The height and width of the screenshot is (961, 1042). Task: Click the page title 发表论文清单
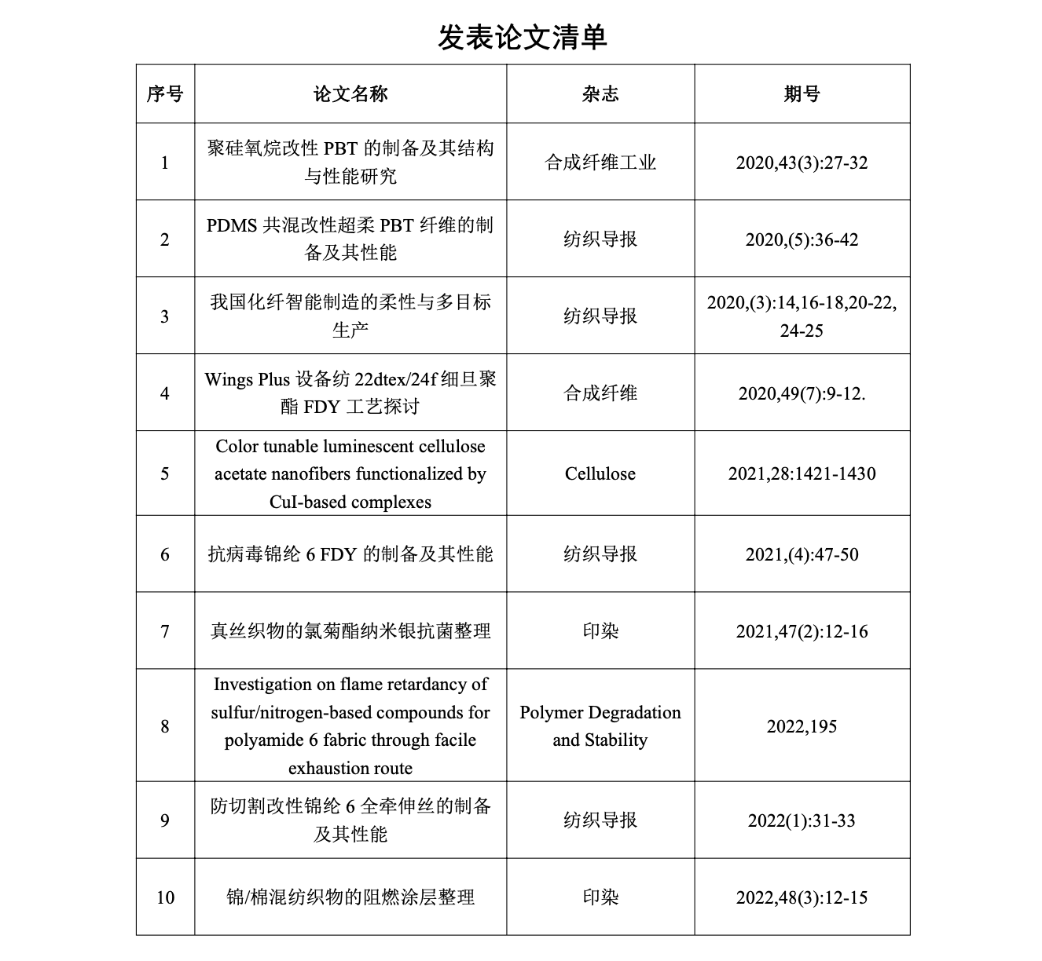(522, 37)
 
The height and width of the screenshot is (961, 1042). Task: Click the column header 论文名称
(350, 94)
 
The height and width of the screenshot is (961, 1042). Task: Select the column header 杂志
(600, 94)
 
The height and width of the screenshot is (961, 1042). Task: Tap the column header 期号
(802, 94)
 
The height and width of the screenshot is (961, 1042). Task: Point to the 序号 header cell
(165, 94)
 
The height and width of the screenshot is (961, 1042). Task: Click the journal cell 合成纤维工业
(600, 163)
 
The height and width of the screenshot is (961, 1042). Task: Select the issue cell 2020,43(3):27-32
(802, 163)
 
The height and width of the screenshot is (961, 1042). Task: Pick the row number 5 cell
(165, 473)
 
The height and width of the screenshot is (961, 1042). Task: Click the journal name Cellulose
(600, 473)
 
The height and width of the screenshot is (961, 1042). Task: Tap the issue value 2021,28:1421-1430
(802, 473)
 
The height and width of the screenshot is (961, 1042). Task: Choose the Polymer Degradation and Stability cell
(600, 725)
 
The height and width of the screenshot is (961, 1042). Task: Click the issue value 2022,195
(802, 726)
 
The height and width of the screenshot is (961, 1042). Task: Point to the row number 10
(165, 897)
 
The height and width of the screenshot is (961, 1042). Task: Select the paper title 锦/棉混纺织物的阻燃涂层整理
(350, 897)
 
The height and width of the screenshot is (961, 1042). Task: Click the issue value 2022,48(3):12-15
(802, 897)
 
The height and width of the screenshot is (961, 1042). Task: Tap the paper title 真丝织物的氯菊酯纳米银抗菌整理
(350, 631)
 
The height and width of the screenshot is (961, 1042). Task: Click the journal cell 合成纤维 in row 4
(600, 393)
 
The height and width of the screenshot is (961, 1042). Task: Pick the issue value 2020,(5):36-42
(802, 239)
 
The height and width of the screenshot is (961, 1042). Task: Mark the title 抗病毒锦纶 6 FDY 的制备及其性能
(350, 554)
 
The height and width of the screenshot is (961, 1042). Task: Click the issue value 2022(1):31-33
(802, 820)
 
